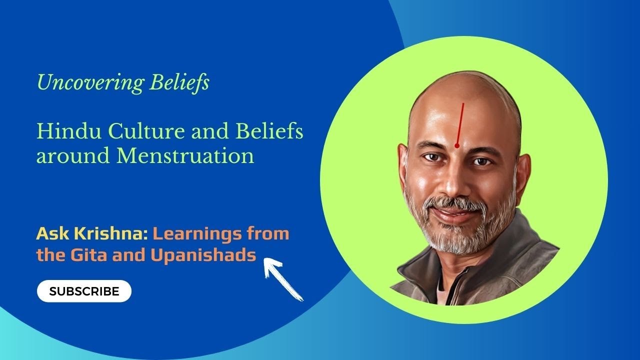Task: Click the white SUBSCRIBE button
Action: pos(84,291)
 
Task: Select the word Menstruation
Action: pos(185,156)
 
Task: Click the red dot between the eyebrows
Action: pos(456,145)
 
